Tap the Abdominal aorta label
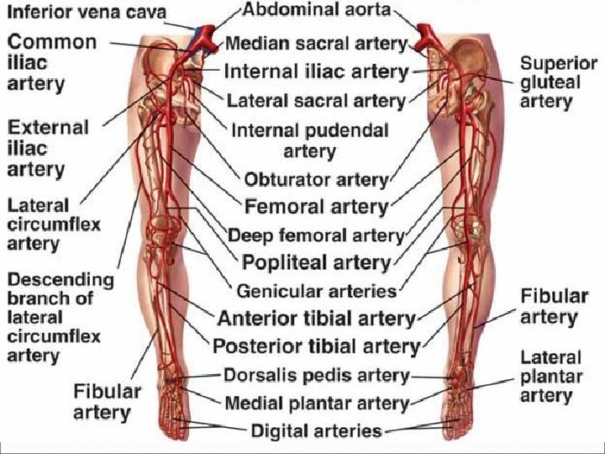317,12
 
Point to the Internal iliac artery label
317,72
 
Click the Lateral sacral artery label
316,101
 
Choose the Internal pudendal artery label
309,140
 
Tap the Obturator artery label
316,179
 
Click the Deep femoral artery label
316,235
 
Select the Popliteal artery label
316,262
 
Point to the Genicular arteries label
316,291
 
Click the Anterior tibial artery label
316,319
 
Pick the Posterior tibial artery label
316,346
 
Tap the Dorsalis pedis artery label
316,375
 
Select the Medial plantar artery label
316,403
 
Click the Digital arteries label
316,431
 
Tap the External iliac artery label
47,148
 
